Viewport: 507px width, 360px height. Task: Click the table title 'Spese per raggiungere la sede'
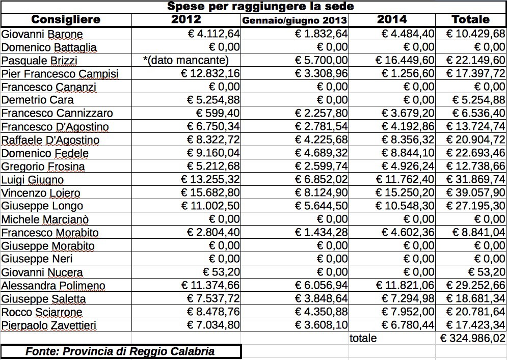(x=260, y=7)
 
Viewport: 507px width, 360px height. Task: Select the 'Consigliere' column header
(x=66, y=19)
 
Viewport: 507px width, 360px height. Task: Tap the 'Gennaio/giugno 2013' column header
(x=295, y=20)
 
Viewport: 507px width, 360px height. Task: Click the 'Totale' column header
(x=470, y=19)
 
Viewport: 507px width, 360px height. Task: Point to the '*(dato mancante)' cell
(x=186, y=60)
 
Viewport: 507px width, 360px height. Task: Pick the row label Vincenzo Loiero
(x=41, y=193)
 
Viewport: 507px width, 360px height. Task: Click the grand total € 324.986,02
(x=473, y=338)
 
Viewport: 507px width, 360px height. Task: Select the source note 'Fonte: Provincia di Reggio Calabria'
(x=120, y=351)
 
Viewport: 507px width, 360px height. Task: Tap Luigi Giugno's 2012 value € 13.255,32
(x=210, y=179)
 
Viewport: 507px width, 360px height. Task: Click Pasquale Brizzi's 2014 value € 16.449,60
(x=405, y=60)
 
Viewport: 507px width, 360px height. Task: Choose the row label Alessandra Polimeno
(x=54, y=286)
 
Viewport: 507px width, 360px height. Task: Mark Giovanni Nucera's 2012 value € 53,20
(x=221, y=272)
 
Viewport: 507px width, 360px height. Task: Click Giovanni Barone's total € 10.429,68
(x=475, y=34)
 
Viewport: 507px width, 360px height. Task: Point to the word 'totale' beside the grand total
(x=363, y=338)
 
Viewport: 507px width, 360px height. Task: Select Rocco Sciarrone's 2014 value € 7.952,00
(x=408, y=312)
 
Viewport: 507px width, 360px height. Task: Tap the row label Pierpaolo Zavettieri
(x=49, y=325)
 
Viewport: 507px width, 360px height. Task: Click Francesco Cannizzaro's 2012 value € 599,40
(x=218, y=113)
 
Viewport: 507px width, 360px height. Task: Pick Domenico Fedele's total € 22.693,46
(x=475, y=153)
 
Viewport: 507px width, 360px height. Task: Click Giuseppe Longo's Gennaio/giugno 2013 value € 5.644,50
(x=322, y=206)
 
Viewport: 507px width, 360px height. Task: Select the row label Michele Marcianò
(x=45, y=219)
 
